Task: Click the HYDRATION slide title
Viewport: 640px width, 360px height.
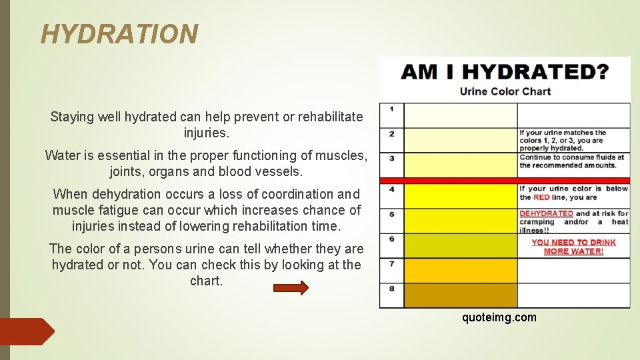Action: click(119, 33)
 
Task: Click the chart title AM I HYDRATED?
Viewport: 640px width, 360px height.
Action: click(505, 72)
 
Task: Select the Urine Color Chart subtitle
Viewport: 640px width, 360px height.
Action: click(505, 91)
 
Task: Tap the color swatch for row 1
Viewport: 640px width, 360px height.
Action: click(460, 115)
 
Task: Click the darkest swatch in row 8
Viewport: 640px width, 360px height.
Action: click(460, 295)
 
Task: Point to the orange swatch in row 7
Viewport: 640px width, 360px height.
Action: click(460, 271)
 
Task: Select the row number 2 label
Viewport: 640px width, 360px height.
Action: click(392, 134)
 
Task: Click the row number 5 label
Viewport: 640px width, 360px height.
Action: click(392, 215)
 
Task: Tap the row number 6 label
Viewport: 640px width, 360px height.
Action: click(392, 239)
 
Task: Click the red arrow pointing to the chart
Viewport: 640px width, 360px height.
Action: click(291, 288)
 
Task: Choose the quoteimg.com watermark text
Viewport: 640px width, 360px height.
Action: click(499, 317)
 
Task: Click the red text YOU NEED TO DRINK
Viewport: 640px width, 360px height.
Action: click(573, 243)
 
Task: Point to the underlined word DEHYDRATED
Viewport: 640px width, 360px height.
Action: click(546, 214)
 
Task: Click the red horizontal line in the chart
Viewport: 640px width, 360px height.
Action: click(505, 181)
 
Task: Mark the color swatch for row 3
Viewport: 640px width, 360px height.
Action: click(460, 164)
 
